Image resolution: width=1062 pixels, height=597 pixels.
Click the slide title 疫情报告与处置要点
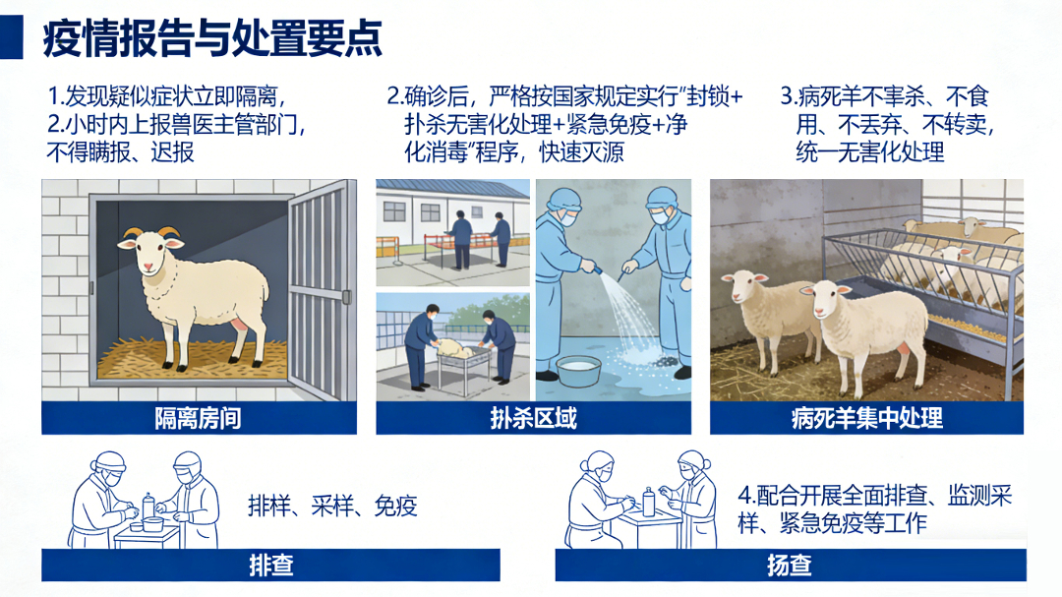(212, 39)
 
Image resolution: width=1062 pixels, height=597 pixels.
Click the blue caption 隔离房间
(198, 418)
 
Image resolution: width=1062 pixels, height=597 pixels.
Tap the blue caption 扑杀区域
(533, 418)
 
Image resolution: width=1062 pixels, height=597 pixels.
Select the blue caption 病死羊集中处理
(866, 418)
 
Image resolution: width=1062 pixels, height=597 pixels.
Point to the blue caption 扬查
(789, 565)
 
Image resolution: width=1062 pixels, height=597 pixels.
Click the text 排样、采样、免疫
(332, 506)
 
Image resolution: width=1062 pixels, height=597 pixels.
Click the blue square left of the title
(11, 39)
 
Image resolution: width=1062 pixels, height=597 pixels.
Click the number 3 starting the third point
(786, 96)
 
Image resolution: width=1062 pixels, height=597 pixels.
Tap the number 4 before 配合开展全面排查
(744, 495)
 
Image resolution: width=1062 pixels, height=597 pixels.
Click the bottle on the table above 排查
(148, 504)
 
